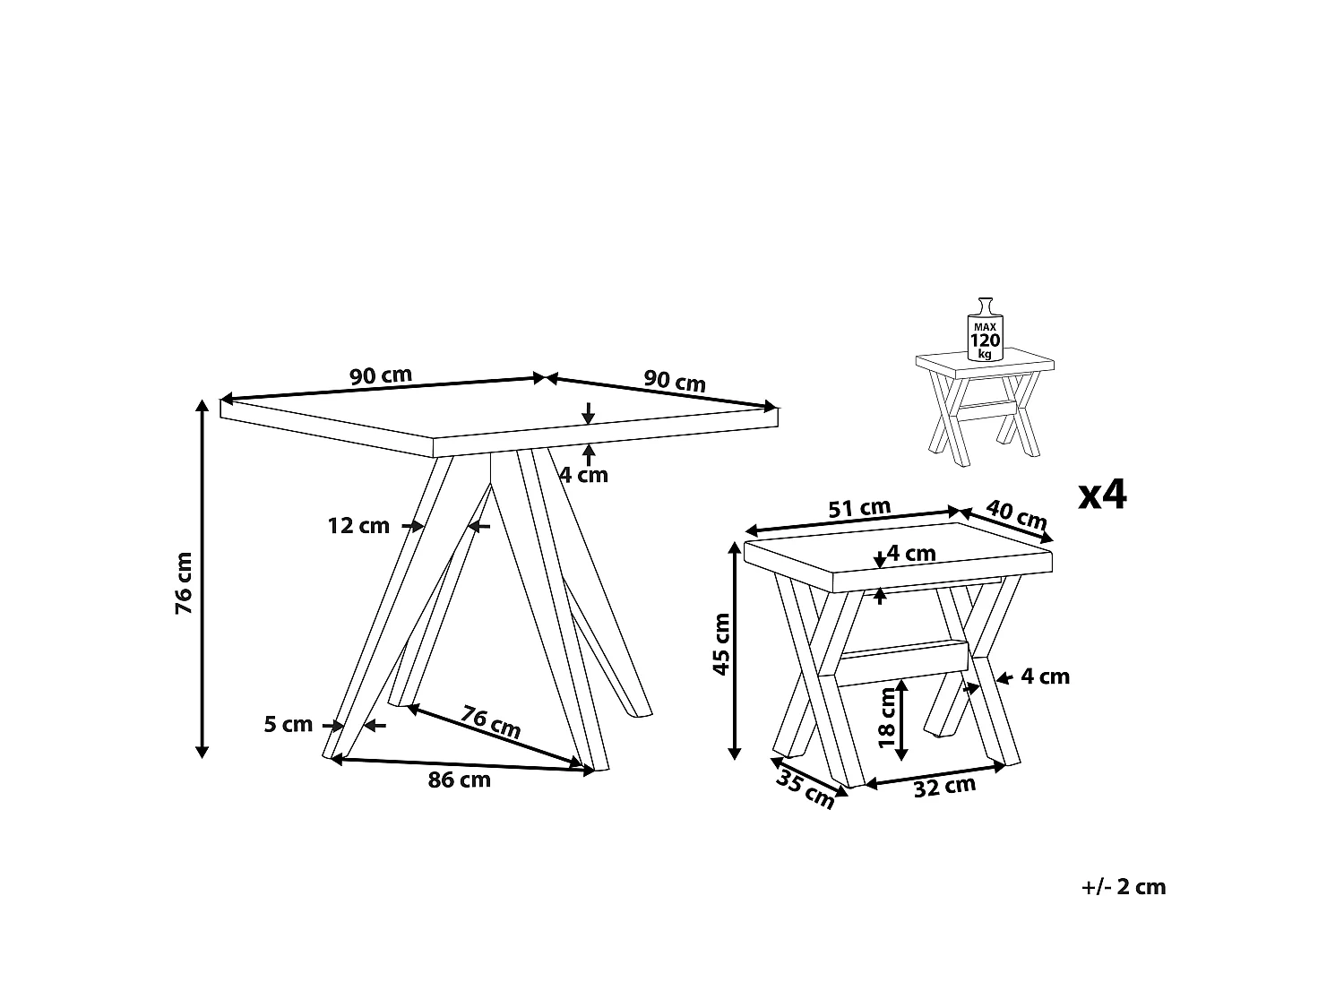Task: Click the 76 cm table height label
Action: (x=184, y=583)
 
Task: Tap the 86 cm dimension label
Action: (x=460, y=780)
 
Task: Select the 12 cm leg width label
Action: (x=358, y=526)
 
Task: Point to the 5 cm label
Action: (x=289, y=725)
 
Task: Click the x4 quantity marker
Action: (x=1102, y=495)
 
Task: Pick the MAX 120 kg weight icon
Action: (x=986, y=330)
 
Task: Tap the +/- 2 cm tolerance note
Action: (x=1124, y=887)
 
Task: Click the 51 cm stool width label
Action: (x=859, y=508)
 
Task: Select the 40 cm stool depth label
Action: (x=1016, y=514)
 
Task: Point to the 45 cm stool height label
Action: (x=722, y=644)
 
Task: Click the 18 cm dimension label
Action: (x=887, y=718)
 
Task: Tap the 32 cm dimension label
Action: (x=944, y=787)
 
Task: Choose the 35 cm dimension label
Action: (x=806, y=789)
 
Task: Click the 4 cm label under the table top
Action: (x=583, y=475)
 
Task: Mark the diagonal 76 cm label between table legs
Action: (x=491, y=722)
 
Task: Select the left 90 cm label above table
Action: (x=381, y=375)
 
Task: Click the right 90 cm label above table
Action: (x=675, y=382)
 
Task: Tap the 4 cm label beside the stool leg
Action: (x=1046, y=676)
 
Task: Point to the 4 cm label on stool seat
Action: (x=911, y=553)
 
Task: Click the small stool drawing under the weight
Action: (x=985, y=407)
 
